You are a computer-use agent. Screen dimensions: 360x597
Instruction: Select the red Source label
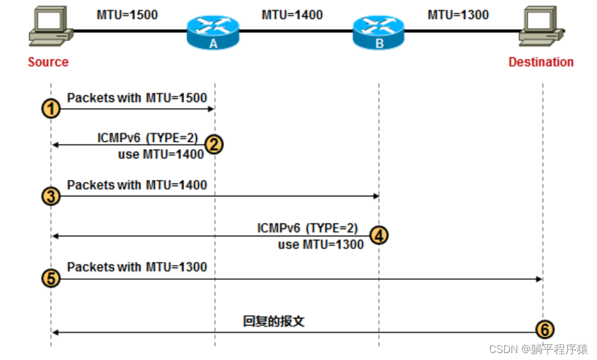(48, 62)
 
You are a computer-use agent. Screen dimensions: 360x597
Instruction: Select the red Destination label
(541, 62)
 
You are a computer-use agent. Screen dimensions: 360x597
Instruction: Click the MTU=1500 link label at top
(127, 14)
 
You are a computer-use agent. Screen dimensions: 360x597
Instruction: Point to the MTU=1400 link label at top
(292, 14)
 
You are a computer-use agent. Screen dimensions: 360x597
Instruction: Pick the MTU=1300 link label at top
(458, 14)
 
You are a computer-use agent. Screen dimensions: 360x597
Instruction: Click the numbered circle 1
(51, 109)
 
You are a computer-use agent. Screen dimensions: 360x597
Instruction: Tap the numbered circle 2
(214, 144)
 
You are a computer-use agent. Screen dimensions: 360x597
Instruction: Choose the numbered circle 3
(51, 196)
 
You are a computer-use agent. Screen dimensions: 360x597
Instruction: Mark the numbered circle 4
(379, 236)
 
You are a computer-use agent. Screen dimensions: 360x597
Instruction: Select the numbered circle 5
(51, 279)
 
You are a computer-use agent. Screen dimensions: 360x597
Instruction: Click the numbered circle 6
(544, 329)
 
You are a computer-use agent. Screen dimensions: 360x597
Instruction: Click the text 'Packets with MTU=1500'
(137, 98)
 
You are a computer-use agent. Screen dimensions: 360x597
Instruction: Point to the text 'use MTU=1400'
(161, 154)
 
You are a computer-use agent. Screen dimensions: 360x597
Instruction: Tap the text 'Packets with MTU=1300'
(137, 267)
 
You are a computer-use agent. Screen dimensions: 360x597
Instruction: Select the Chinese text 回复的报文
(274, 322)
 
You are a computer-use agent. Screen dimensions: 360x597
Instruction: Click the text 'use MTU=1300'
(320, 244)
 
